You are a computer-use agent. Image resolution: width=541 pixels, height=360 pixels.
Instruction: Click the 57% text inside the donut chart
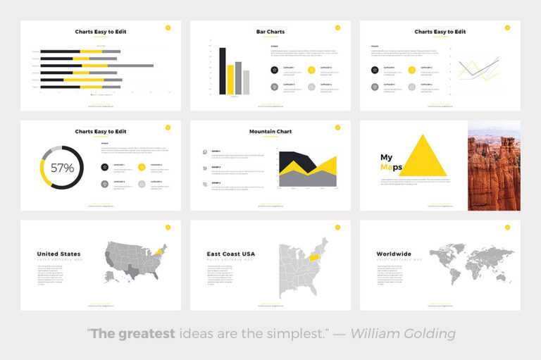(62, 168)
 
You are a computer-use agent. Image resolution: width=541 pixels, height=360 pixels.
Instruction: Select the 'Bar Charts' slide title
(270, 32)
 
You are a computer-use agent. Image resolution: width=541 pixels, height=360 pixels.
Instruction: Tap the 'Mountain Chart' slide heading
(270, 132)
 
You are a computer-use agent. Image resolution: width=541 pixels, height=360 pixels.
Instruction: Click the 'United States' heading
(58, 254)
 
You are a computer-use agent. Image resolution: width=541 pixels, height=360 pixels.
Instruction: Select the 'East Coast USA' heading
(230, 254)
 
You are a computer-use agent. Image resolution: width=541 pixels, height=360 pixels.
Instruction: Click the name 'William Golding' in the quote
(404, 333)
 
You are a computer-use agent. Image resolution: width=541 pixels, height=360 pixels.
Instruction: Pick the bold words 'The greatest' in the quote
(132, 333)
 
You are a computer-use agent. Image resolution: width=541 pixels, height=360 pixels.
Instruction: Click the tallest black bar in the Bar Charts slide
(222, 71)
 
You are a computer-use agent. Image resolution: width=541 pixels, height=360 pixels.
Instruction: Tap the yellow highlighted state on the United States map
(159, 251)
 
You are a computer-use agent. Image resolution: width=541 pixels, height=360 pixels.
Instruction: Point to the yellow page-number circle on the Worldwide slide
(507, 228)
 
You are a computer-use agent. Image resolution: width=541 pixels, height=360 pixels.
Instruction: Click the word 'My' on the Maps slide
(387, 157)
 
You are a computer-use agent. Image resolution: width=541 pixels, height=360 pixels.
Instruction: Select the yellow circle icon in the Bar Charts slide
(311, 70)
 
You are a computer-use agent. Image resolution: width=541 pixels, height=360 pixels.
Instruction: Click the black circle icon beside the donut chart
(104, 167)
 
